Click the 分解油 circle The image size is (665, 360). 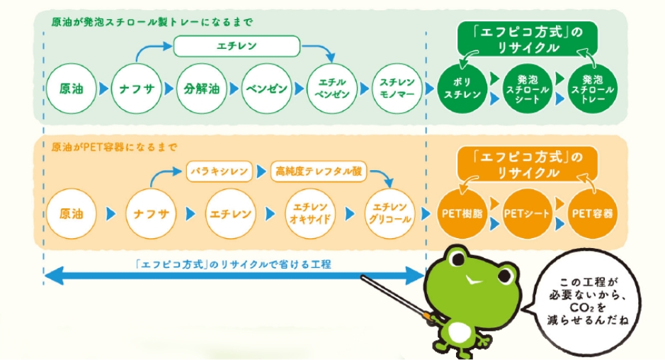coord(201,89)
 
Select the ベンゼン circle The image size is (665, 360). coord(267,89)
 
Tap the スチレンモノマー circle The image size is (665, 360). coord(397,89)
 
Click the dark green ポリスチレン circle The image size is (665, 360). coord(462,89)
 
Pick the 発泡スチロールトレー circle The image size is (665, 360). coord(593,89)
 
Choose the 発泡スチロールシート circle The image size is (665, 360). coord(528,89)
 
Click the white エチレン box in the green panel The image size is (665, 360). coord(237,46)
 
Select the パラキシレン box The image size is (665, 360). coord(220,171)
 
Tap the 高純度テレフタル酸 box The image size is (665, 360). coord(319,171)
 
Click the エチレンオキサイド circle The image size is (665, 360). coord(310,213)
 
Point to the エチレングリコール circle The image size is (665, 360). coord(390,213)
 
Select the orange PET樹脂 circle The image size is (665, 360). coord(462,213)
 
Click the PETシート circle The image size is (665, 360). coord(528,213)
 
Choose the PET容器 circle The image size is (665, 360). coord(593,213)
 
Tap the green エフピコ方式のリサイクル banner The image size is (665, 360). coord(527,39)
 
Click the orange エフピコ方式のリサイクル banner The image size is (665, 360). coord(527,164)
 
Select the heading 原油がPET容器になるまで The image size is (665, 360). coord(114,147)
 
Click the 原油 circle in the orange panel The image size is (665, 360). coord(72,213)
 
